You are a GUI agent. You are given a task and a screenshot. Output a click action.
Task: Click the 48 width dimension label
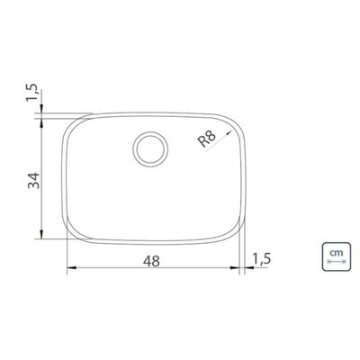[151, 261]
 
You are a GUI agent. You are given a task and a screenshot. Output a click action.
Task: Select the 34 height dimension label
[33, 180]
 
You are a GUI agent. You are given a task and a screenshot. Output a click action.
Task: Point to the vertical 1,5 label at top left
[32, 92]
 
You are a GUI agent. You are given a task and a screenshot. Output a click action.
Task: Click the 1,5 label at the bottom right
[262, 259]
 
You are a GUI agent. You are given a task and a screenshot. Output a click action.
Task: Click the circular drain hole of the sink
[150, 149]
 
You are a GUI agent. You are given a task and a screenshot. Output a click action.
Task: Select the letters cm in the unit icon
[337, 253]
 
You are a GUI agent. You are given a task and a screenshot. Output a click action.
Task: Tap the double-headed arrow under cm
[337, 262]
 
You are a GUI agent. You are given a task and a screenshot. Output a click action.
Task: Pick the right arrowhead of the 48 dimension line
[235, 267]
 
